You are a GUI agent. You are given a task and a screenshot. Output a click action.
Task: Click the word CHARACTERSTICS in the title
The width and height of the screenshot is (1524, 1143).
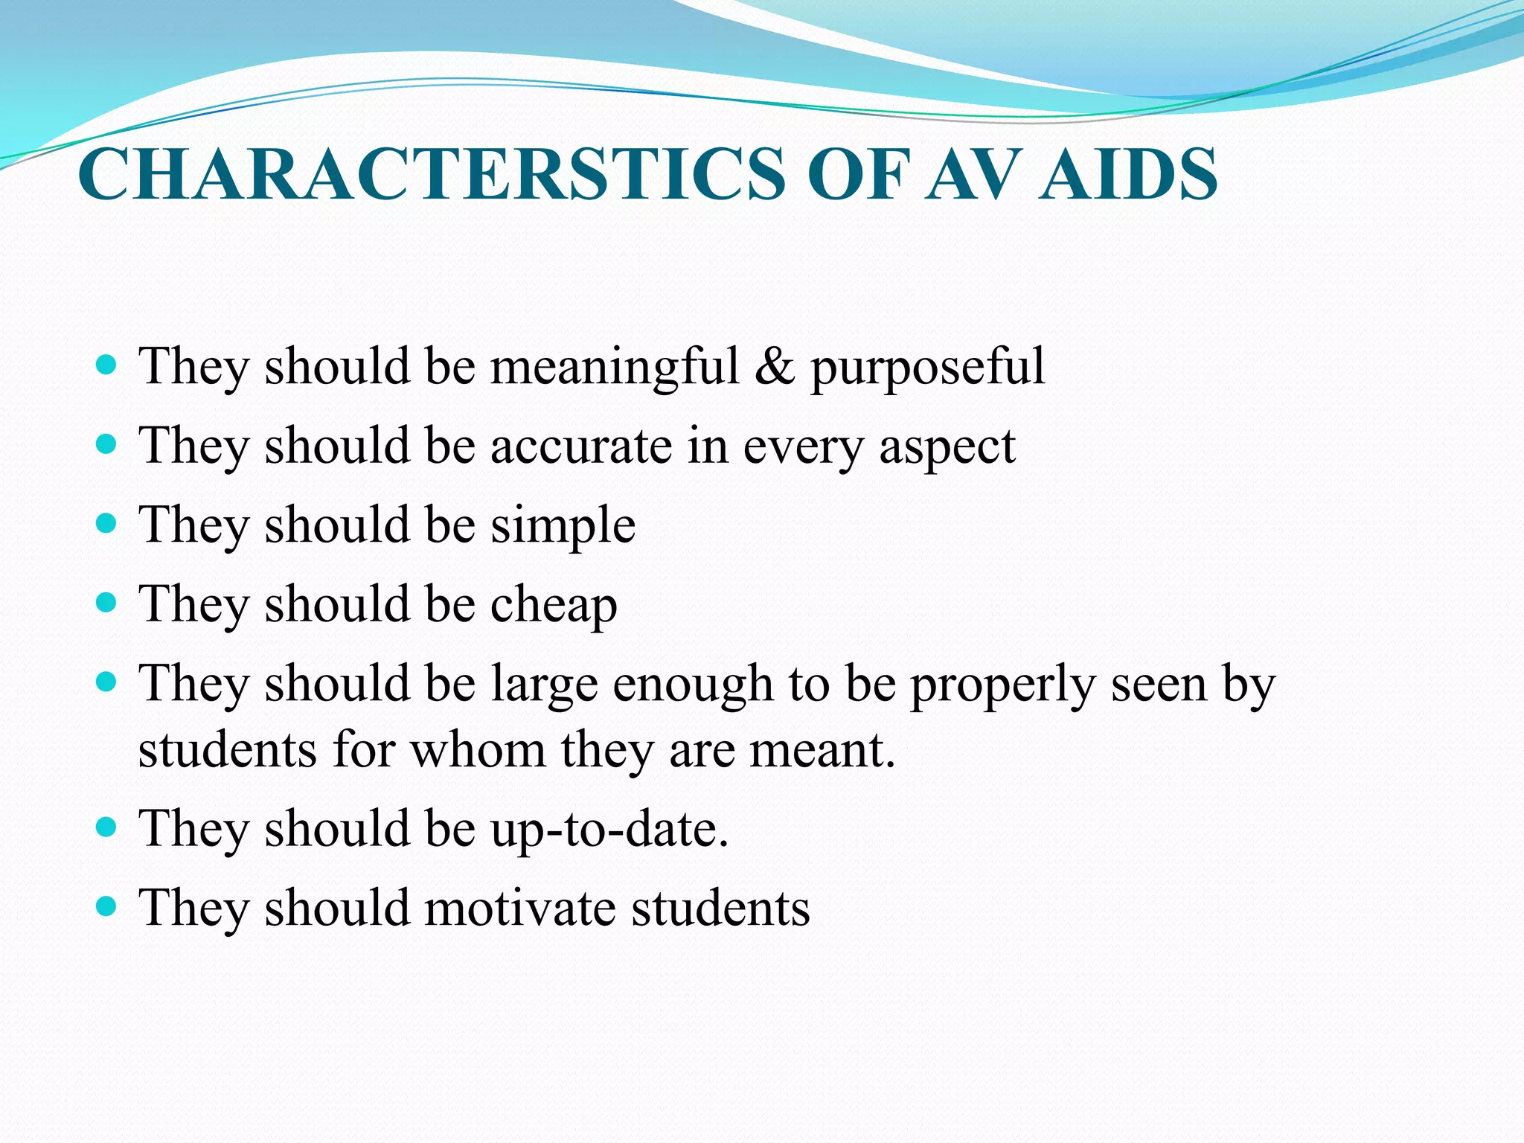point(432,175)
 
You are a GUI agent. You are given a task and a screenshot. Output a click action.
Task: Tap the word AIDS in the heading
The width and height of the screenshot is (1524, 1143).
point(1128,175)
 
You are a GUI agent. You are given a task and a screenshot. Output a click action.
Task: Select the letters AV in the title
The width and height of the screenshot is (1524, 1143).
point(973,175)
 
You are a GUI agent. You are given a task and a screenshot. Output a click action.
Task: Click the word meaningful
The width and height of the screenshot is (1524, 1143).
point(615,367)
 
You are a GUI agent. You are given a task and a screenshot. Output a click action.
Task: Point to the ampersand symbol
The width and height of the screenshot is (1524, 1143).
point(774,367)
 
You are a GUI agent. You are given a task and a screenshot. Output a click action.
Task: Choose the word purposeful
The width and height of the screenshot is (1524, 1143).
point(927,368)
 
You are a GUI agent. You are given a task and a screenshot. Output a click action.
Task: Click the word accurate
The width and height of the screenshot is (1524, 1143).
point(582,446)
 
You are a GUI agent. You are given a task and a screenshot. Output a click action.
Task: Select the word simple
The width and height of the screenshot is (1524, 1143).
point(563,526)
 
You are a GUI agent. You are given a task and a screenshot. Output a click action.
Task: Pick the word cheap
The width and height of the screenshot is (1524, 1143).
point(554,605)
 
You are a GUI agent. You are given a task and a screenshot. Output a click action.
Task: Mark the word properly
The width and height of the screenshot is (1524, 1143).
point(1003,685)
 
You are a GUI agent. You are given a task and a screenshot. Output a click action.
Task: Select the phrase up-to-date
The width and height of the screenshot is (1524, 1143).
point(609,830)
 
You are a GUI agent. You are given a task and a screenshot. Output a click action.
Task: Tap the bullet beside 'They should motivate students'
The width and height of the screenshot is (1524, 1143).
point(107,906)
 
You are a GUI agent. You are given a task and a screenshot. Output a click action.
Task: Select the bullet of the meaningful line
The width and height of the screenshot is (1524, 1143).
point(107,365)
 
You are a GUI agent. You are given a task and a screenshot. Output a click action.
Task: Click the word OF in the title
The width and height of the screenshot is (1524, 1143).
point(859,175)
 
